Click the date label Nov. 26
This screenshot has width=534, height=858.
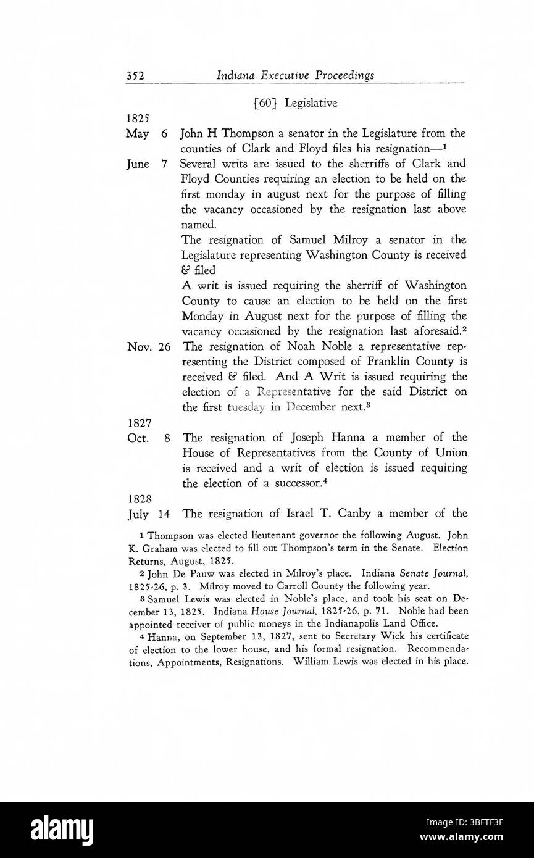pyautogui.click(x=148, y=347)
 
